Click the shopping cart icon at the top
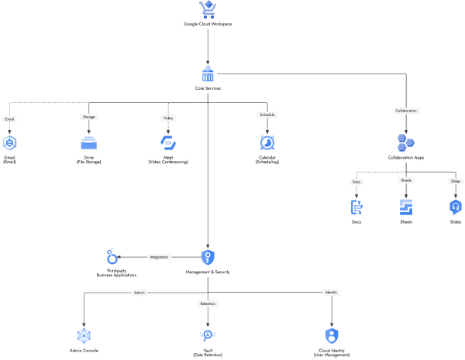(x=208, y=9)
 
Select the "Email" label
(x=9, y=119)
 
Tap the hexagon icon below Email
(x=9, y=142)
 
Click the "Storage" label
(x=88, y=117)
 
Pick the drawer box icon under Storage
(x=88, y=142)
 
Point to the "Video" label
(x=168, y=118)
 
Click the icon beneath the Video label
(x=168, y=142)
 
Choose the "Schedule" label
(x=267, y=115)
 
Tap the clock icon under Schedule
(x=267, y=142)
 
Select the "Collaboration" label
(x=406, y=111)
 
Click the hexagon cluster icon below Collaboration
(x=406, y=142)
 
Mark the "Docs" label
(x=356, y=182)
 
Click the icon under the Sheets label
(x=406, y=207)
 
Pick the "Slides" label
(x=456, y=181)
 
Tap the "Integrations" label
(x=159, y=256)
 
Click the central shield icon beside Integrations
(x=208, y=257)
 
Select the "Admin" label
(x=139, y=293)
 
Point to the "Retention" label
(x=208, y=304)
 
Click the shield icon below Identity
(x=332, y=335)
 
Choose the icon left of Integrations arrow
(x=112, y=257)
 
